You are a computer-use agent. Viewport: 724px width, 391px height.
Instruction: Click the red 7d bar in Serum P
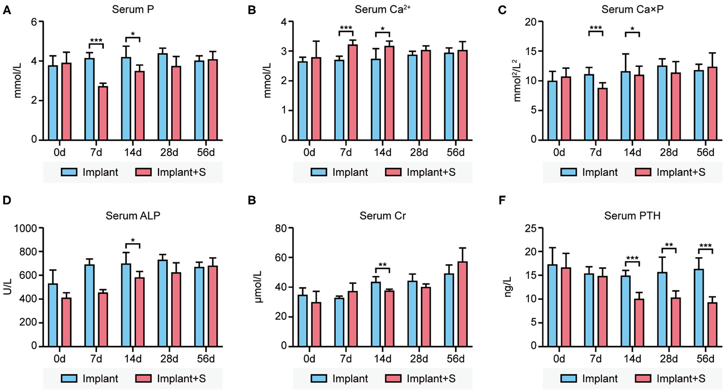click(103, 113)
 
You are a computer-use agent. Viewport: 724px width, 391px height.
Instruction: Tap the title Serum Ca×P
click(632, 9)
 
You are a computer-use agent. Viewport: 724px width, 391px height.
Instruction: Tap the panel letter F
click(502, 200)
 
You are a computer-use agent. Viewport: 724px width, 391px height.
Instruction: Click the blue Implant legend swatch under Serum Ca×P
click(568, 172)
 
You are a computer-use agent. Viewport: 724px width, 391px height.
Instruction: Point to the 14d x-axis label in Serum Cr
click(382, 359)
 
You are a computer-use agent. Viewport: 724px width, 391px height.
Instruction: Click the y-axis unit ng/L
click(508, 286)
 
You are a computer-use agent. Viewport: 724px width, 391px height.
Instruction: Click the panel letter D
click(7, 200)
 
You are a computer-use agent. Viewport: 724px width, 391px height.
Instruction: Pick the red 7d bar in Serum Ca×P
click(602, 114)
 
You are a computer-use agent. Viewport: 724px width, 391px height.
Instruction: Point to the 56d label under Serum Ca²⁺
click(456, 153)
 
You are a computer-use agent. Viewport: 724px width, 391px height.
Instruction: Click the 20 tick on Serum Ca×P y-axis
click(530, 22)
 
